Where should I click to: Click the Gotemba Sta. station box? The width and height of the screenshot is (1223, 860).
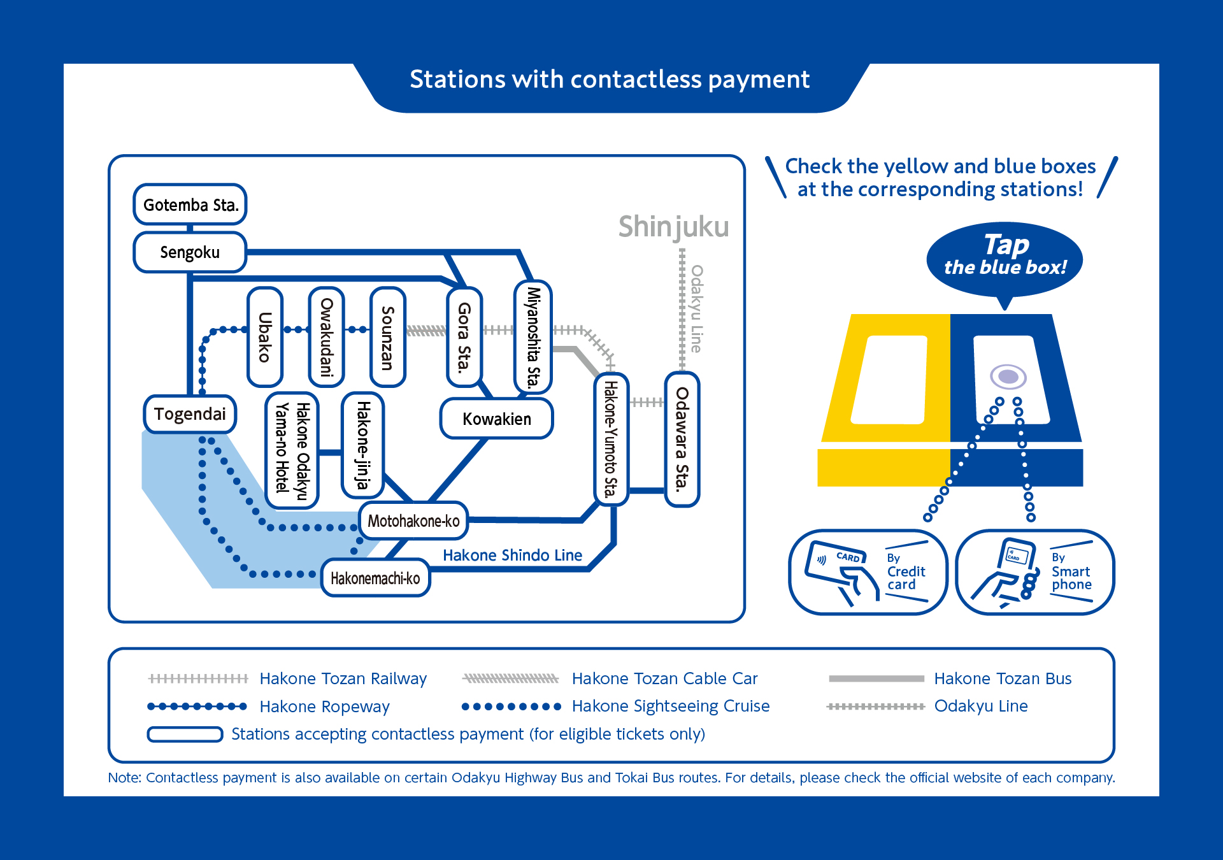190,204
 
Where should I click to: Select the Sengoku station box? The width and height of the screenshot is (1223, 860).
190,252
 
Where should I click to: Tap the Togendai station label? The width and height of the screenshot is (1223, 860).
190,414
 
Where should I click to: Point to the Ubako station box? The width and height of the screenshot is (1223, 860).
265,337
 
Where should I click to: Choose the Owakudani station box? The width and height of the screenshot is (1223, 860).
327,337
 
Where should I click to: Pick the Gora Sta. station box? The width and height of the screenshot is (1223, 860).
464,337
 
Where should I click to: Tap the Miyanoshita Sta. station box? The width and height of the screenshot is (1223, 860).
533,337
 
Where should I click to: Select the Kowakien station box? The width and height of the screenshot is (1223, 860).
497,419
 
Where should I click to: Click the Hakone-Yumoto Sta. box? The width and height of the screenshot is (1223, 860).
611,439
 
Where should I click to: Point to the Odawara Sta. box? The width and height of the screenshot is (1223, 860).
682,439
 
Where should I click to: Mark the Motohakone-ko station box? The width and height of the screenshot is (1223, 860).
413,520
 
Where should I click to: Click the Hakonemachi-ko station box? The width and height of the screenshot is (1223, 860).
375,578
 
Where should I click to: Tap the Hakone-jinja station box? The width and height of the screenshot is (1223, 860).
363,445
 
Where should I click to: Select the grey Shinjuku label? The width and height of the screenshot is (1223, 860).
673,227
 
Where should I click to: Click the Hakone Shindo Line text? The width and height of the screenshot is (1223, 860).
512,555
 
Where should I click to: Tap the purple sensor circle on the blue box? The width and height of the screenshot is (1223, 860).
1008,376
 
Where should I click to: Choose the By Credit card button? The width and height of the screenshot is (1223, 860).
868,571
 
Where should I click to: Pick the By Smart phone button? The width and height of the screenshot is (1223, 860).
1034,571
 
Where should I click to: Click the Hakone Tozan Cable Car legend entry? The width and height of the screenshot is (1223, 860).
664,678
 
